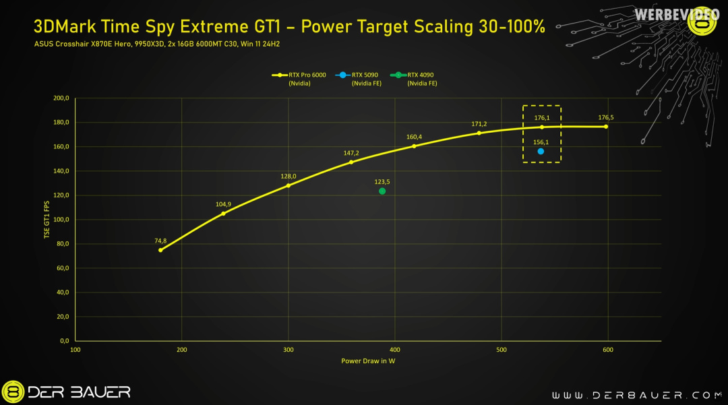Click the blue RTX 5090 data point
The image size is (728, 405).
click(541, 152)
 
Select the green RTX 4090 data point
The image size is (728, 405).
click(382, 191)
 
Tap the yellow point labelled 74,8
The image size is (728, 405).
click(160, 250)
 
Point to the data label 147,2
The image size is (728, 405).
click(351, 153)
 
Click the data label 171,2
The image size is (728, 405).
click(479, 124)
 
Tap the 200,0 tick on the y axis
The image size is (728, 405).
click(61, 98)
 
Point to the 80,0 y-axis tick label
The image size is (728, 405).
click(63, 244)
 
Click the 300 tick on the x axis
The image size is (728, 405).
click(289, 350)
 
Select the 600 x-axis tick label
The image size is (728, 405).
click(608, 350)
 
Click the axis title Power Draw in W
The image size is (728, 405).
click(368, 361)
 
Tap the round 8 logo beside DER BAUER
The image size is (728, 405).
click(13, 392)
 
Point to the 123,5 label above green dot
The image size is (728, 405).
click(382, 182)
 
